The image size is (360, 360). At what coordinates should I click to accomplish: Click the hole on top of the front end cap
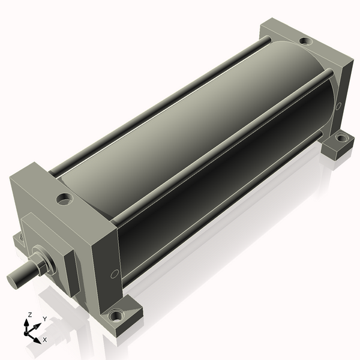point(65,199)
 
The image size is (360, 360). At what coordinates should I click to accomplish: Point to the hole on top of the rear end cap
point(306,41)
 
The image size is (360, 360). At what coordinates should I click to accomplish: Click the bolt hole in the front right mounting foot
point(116,316)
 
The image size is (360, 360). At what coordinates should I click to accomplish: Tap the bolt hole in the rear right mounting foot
point(341,138)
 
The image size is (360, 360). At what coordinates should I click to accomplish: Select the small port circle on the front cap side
point(115,274)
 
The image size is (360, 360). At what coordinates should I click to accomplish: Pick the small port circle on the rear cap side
point(338,106)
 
